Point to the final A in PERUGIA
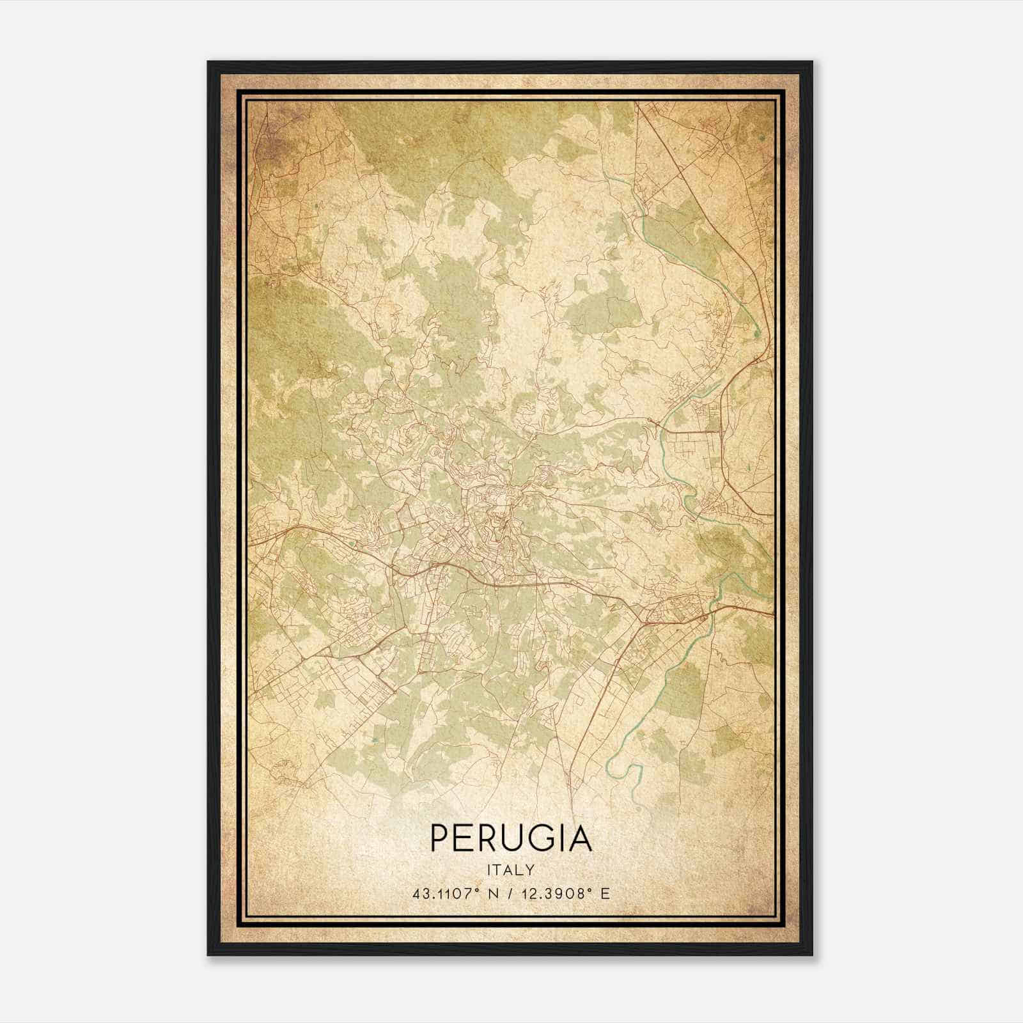[580, 838]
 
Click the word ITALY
[511, 870]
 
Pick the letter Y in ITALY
[530, 870]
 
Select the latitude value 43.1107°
[445, 894]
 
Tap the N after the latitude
[492, 894]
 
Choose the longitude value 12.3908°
[553, 894]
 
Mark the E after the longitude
[605, 894]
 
